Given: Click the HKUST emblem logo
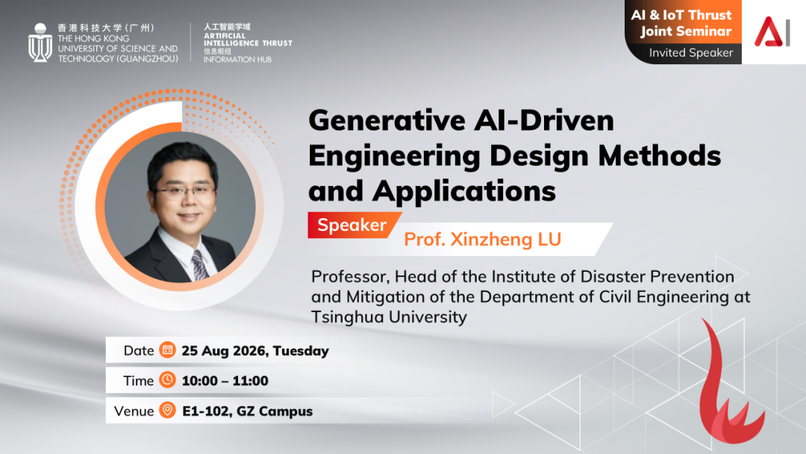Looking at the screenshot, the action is coord(40,43).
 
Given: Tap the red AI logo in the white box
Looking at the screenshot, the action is coord(772,31).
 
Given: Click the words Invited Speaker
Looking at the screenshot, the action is coord(691,52).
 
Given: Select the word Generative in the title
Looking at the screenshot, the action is coord(387,120).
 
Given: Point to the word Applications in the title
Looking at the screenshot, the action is coord(464,191).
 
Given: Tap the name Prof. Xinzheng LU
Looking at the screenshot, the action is coord(482,239).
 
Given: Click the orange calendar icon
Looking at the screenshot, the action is coord(167,349).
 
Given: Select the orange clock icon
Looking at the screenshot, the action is coord(167,379).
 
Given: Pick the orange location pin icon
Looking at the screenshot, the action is coord(167,410).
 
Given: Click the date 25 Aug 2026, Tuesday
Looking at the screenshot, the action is coord(255,351).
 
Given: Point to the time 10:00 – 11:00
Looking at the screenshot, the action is coord(225,381).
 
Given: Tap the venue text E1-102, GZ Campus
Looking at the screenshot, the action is coord(247,411).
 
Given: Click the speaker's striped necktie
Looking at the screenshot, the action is coord(199,264).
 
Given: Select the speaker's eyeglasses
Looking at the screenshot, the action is coord(185,191).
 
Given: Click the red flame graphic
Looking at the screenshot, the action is coord(727,388).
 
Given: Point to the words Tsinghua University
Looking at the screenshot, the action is coord(389,317).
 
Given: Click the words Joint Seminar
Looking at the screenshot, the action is coord(686,31).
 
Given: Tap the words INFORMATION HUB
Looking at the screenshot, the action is coord(237,60).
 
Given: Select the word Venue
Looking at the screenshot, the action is coord(134,411).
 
